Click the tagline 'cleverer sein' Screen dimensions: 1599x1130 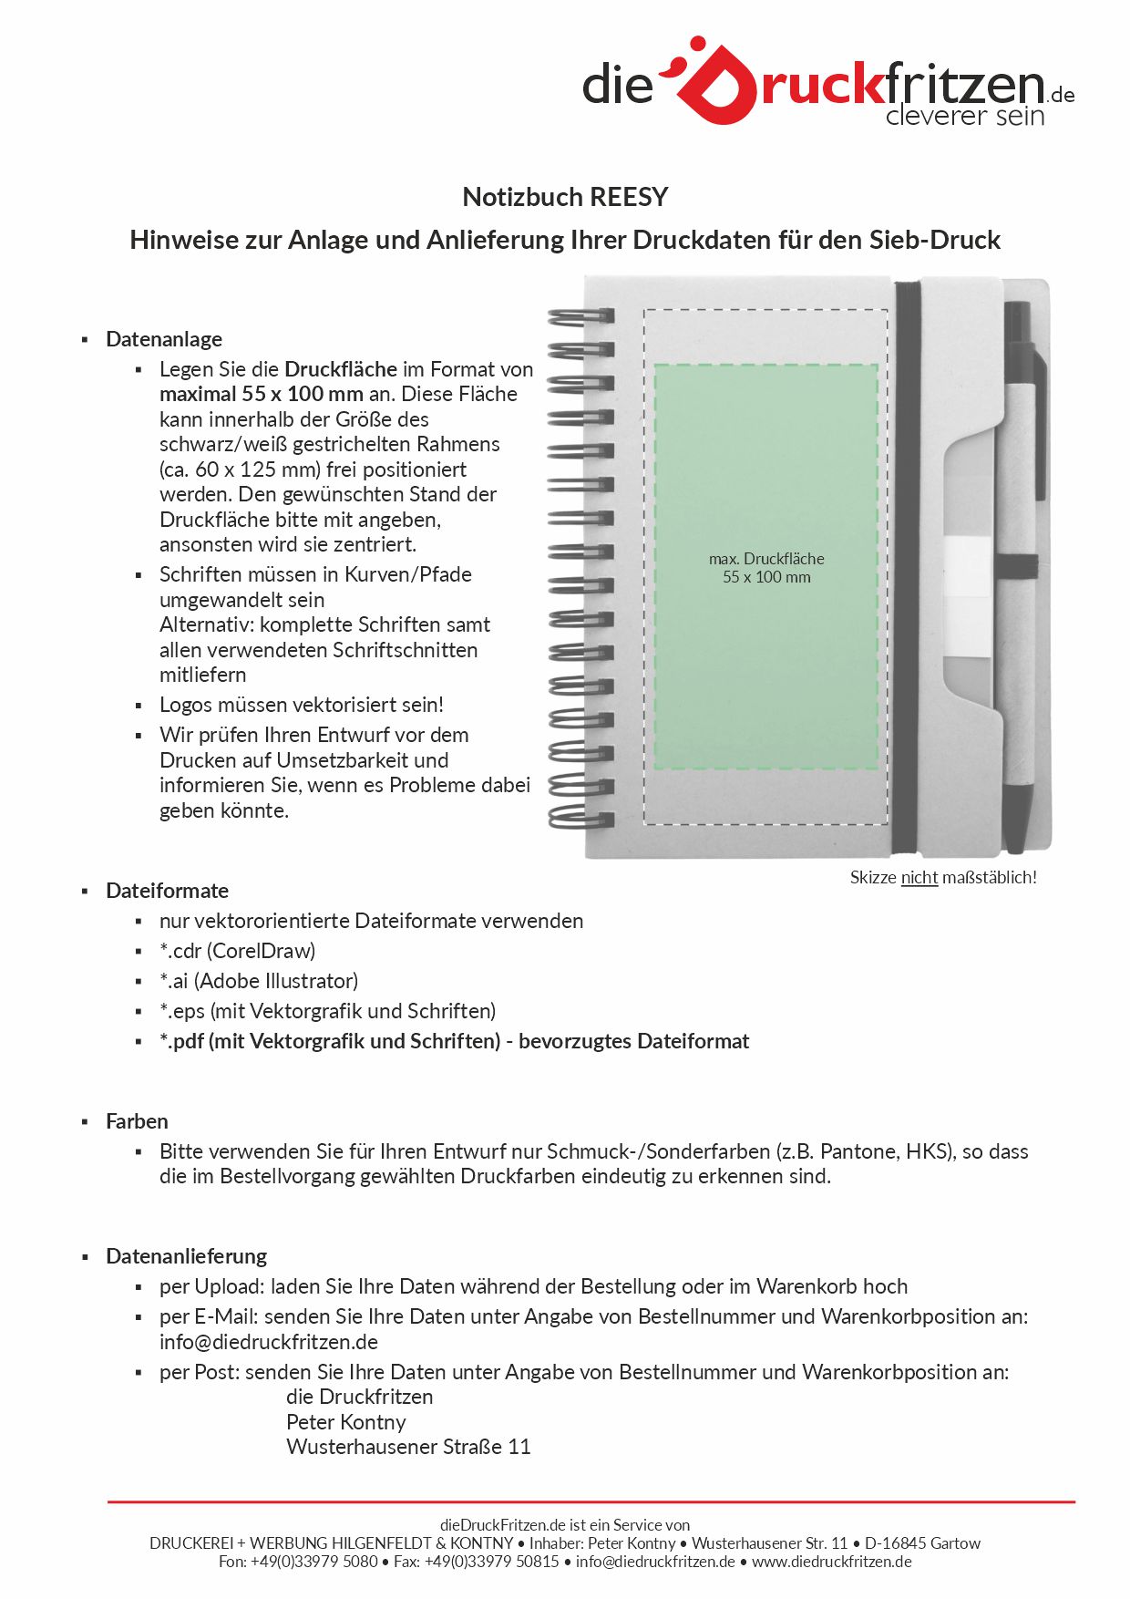964,116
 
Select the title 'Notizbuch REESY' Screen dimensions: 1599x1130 565,197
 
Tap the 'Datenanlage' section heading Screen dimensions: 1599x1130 164,339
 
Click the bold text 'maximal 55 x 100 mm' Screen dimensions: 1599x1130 262,394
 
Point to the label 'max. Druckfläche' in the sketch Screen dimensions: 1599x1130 766,559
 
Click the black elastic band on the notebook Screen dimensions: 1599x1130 907,565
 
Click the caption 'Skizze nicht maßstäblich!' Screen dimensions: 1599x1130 943,877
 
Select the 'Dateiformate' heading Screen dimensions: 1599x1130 167,891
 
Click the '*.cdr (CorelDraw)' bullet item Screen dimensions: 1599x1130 237,951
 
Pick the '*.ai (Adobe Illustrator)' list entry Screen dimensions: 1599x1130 259,981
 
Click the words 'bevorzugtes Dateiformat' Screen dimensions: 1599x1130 633,1041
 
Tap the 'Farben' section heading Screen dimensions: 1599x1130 137,1121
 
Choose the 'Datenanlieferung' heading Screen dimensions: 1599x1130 186,1256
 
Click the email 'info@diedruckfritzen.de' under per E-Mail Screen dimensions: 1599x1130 269,1342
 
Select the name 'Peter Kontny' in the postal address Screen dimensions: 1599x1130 345,1422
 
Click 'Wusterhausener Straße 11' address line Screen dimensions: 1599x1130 408,1447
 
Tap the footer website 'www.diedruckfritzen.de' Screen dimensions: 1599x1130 831,1562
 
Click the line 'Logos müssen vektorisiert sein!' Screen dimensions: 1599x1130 302,705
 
